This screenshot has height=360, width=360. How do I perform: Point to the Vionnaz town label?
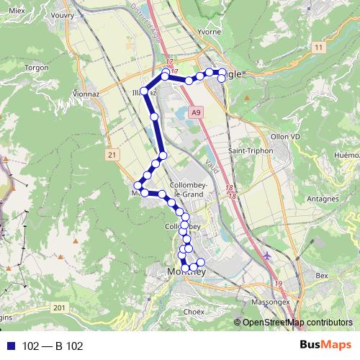tap(86, 93)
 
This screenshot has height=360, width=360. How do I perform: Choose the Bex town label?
tap(321, 276)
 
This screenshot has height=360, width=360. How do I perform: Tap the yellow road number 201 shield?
tap(59, 307)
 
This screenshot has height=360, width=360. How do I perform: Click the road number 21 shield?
tap(111, 154)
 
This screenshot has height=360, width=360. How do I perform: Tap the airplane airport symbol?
tap(268, 255)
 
